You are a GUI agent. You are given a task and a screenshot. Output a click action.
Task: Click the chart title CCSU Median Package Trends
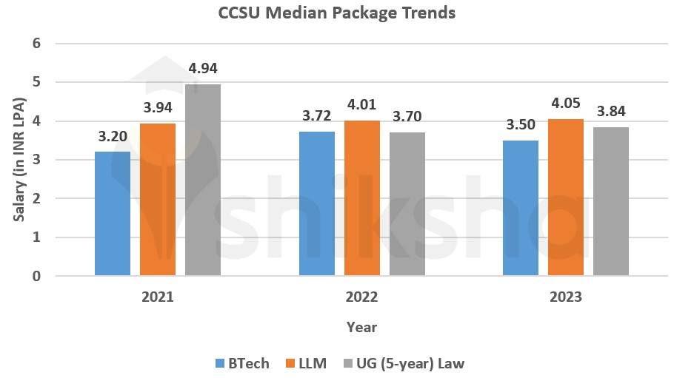point(336,13)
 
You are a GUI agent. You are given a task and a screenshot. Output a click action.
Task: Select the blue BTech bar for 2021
point(113,214)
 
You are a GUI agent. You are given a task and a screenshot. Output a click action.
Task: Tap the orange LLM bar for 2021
point(158,200)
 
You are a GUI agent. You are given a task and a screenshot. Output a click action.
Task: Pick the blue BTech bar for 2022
point(316,203)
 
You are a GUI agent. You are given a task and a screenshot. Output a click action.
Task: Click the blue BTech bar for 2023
point(521,208)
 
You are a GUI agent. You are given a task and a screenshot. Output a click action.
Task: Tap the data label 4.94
point(203,70)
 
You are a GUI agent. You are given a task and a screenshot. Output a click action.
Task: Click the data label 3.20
point(113,137)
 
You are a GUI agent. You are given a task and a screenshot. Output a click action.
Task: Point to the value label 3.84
point(611,112)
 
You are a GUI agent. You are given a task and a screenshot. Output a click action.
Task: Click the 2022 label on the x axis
point(361,297)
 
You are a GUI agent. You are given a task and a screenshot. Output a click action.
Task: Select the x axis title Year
point(361,327)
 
